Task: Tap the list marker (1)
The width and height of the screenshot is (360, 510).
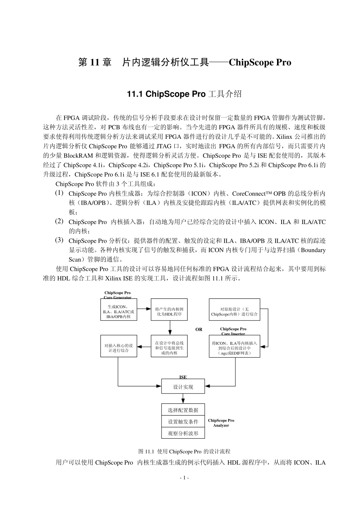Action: point(59,193)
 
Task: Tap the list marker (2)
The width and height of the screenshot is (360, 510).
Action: point(59,221)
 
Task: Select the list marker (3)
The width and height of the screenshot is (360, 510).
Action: point(59,240)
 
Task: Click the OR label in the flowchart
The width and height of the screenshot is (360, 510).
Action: point(199,330)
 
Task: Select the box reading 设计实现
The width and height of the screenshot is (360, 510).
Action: point(183,387)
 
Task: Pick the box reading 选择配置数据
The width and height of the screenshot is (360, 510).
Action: point(183,410)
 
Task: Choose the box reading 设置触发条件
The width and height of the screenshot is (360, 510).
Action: point(183,422)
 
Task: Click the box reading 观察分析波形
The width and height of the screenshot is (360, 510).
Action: point(183,433)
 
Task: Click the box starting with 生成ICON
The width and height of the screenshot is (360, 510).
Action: point(119,311)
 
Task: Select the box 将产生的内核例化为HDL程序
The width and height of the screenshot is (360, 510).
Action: point(169,311)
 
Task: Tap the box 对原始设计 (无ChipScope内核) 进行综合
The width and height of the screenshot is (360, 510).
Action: point(234,311)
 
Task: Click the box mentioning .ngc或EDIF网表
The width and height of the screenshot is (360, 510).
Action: point(234,348)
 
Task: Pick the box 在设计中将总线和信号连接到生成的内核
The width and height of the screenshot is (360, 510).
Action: point(169,348)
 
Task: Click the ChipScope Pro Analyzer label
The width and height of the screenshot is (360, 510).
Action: point(221,423)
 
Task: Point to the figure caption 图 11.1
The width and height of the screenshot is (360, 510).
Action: point(184,452)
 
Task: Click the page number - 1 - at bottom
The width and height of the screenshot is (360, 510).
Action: point(184,478)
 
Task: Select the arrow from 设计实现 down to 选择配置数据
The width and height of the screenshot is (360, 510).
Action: point(183,399)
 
